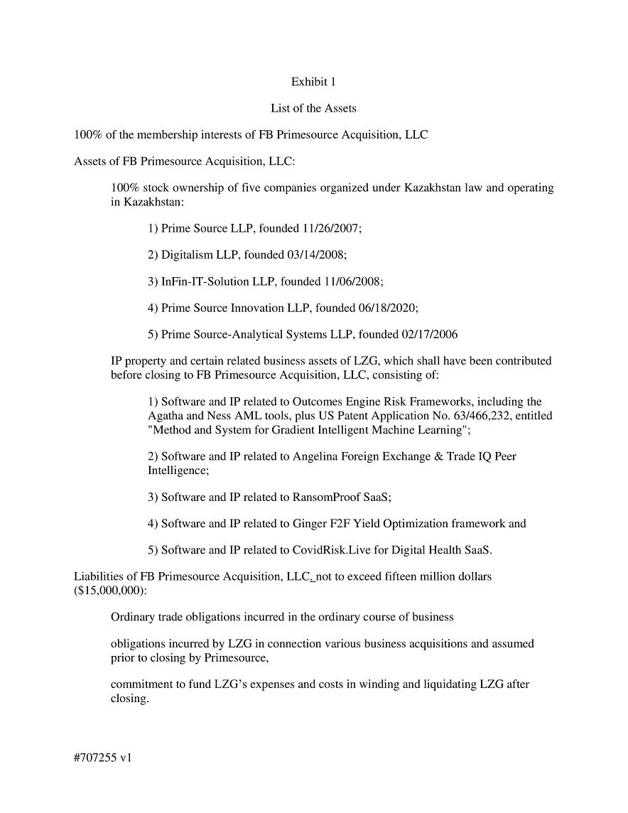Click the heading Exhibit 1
[x=313, y=82]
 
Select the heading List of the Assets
[x=313, y=108]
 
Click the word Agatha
[x=165, y=415]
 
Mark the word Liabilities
[x=98, y=576]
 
